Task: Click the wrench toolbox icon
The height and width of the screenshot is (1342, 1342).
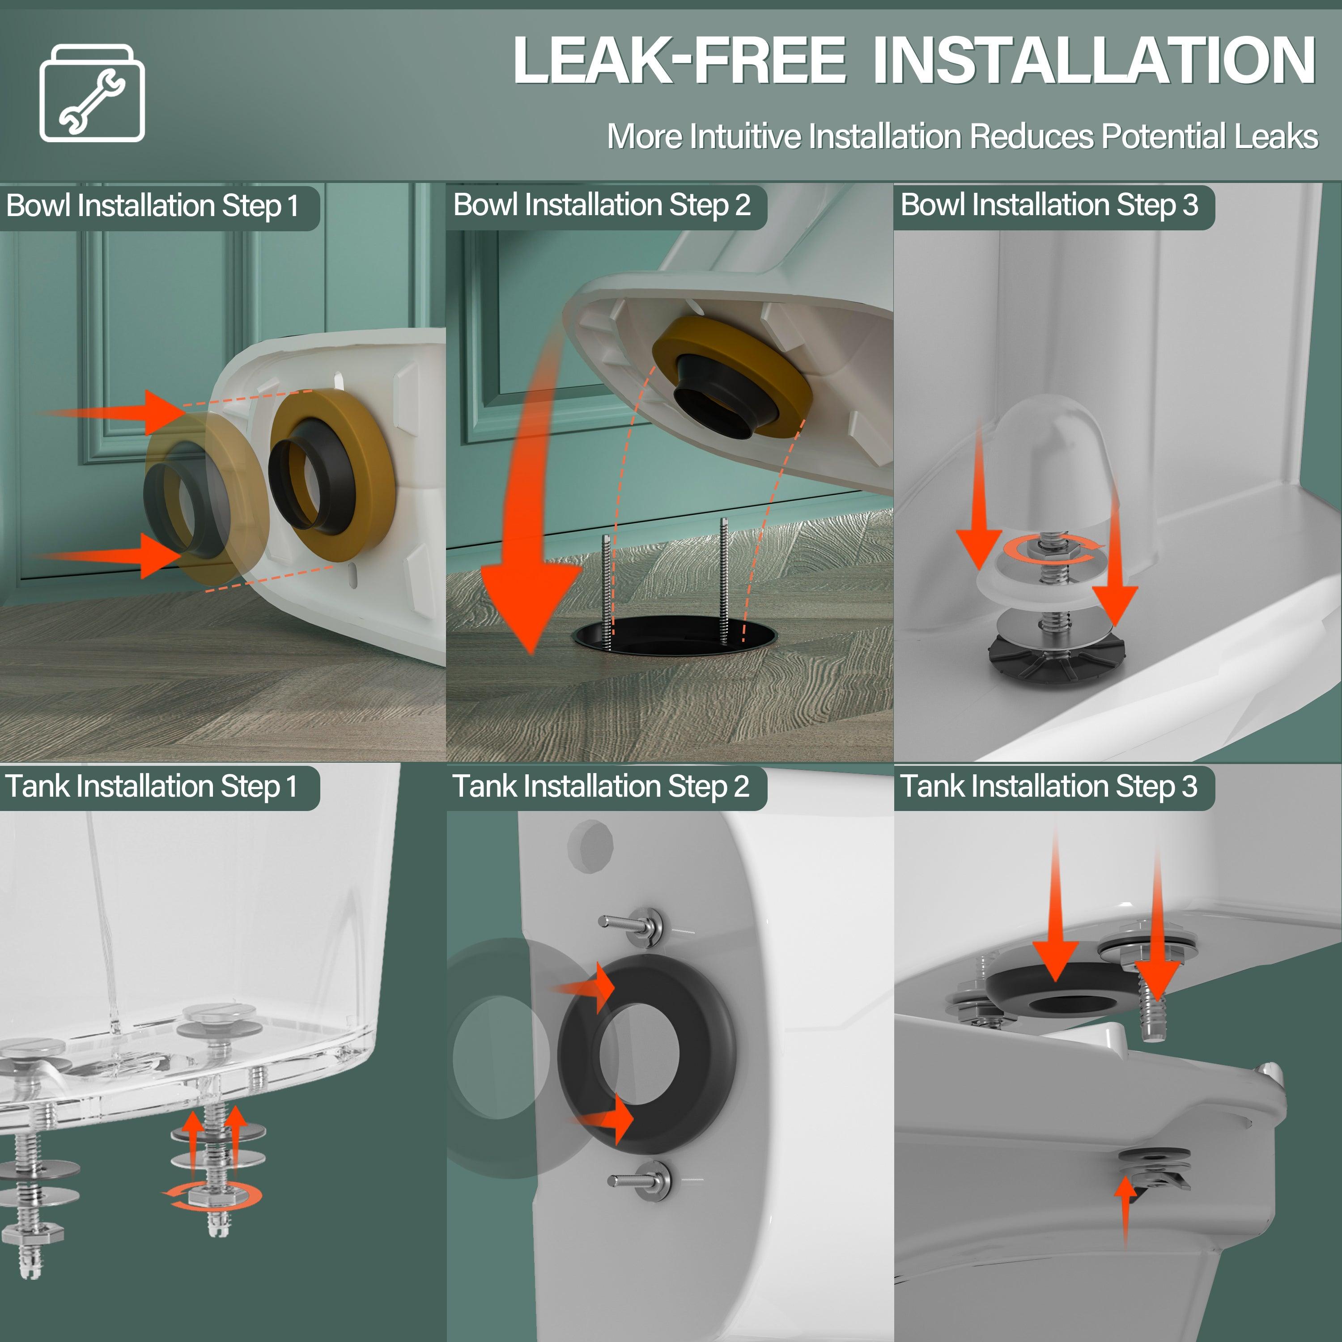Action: pyautogui.click(x=93, y=93)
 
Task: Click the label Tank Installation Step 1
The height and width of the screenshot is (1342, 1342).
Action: pyautogui.click(x=152, y=787)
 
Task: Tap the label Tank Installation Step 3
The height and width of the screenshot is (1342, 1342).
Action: pyautogui.click(x=1049, y=787)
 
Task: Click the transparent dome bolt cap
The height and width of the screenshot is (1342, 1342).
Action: pyautogui.click(x=1050, y=479)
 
